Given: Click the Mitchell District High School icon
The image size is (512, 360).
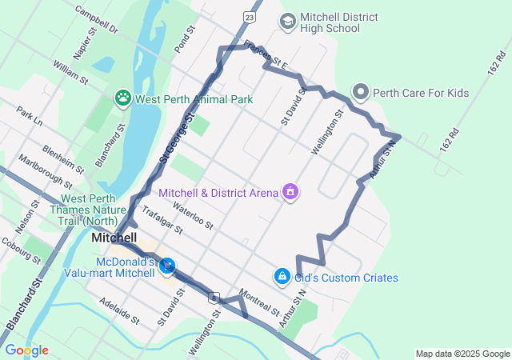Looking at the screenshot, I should pyautogui.click(x=286, y=21).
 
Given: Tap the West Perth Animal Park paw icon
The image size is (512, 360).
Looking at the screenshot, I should pyautogui.click(x=123, y=98).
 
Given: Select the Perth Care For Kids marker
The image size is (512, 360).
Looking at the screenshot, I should pyautogui.click(x=360, y=93).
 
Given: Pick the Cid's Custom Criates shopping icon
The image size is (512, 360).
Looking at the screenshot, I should pyautogui.click(x=282, y=277).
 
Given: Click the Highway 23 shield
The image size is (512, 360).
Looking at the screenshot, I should pyautogui.click(x=251, y=16).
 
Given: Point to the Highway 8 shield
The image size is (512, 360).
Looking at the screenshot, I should pyautogui.click(x=214, y=298).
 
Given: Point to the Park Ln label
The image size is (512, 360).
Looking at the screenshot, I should pyautogui.click(x=28, y=116).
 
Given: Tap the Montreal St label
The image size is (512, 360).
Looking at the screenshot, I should pyautogui.click(x=258, y=302).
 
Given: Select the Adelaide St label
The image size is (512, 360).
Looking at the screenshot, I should pyautogui.click(x=119, y=312).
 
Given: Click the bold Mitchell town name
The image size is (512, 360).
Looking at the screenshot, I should pyautogui.click(x=114, y=238).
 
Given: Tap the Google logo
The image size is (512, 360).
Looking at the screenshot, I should pyautogui.click(x=26, y=350).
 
